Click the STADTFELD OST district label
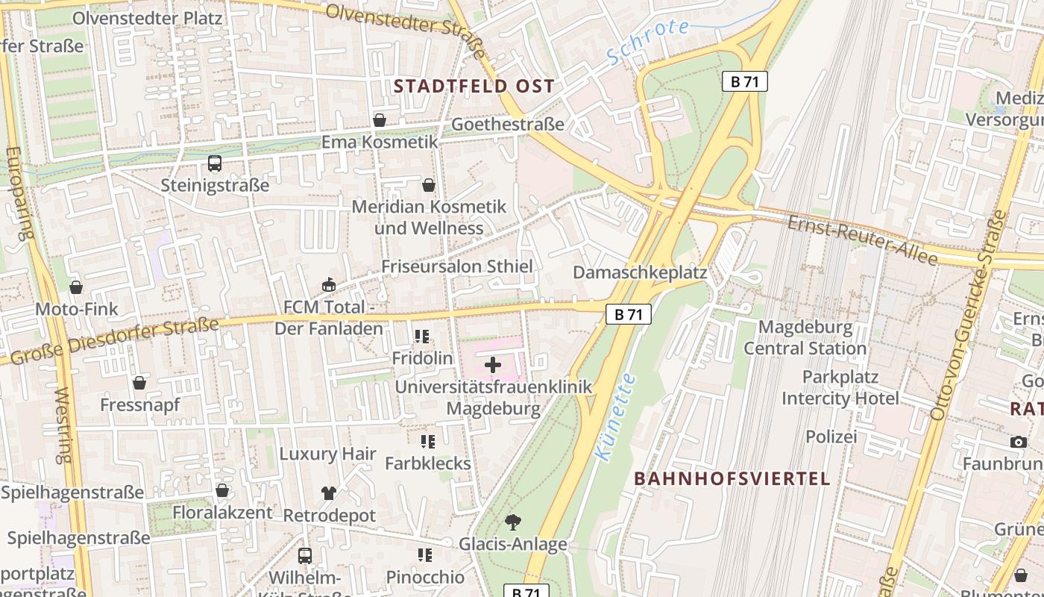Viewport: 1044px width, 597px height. [474, 86]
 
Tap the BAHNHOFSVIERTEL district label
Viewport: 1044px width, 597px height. [732, 478]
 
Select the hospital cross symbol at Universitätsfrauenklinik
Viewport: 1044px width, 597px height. [493, 365]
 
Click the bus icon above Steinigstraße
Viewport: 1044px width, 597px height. [215, 163]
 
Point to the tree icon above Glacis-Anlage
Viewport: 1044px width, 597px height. [513, 522]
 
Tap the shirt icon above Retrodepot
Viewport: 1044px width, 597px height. [329, 493]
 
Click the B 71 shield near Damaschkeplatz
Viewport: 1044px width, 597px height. [629, 314]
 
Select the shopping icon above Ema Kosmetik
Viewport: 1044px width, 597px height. [380, 120]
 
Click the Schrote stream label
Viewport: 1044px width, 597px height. [647, 41]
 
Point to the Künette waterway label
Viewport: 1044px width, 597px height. [616, 416]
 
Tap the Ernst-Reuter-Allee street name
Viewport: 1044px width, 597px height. [862, 239]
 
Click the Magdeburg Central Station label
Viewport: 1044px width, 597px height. [805, 337]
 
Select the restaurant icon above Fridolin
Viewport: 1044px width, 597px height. [422, 337]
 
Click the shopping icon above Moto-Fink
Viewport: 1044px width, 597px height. [76, 287]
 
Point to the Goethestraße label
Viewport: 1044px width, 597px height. [508, 124]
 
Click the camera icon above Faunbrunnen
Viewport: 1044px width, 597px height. [1019, 442]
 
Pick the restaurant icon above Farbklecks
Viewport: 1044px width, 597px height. [427, 442]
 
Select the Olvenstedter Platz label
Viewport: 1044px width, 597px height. [147, 18]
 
